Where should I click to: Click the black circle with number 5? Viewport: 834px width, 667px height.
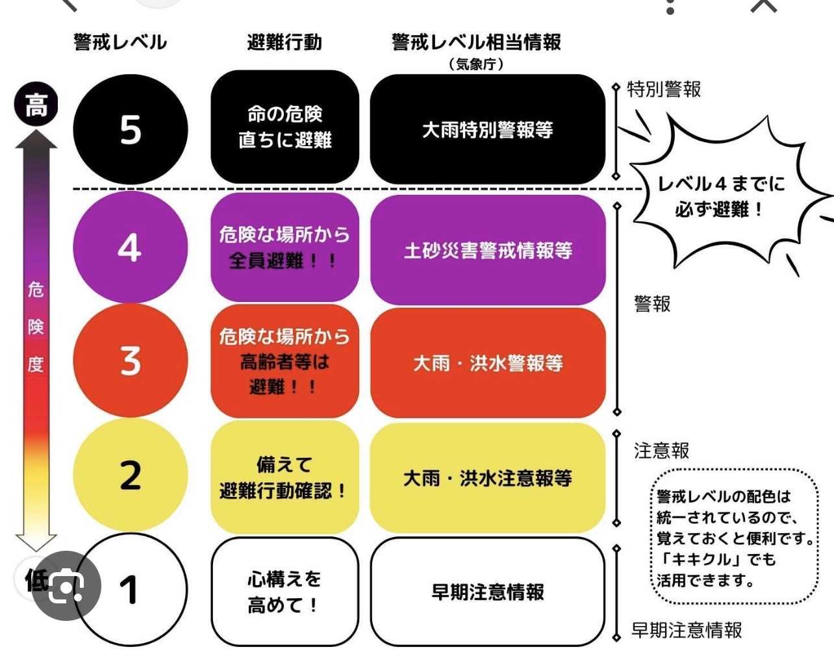(x=131, y=129)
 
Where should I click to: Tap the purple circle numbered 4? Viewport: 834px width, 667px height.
(x=131, y=247)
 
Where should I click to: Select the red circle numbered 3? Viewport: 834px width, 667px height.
(x=131, y=360)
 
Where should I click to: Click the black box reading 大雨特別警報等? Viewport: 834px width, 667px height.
(x=488, y=129)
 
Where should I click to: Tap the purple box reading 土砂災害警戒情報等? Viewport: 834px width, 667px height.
(x=488, y=250)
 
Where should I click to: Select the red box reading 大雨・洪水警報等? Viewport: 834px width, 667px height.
(x=488, y=363)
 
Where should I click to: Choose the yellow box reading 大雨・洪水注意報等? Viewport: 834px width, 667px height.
(x=488, y=478)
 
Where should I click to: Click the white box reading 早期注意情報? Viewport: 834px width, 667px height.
(x=488, y=592)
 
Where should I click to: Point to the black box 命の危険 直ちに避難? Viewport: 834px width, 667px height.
(x=285, y=127)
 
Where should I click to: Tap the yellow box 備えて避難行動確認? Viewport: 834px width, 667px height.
(x=285, y=477)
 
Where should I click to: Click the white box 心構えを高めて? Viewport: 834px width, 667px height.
(x=285, y=592)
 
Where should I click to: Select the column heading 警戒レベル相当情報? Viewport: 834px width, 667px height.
(x=476, y=42)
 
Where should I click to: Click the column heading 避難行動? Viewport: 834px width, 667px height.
(x=285, y=42)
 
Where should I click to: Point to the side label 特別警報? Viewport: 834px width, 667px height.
(x=664, y=90)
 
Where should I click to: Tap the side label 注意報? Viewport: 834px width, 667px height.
(x=661, y=451)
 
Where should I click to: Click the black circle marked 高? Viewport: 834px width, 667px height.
(x=36, y=105)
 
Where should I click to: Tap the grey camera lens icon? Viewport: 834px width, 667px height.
(x=66, y=586)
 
